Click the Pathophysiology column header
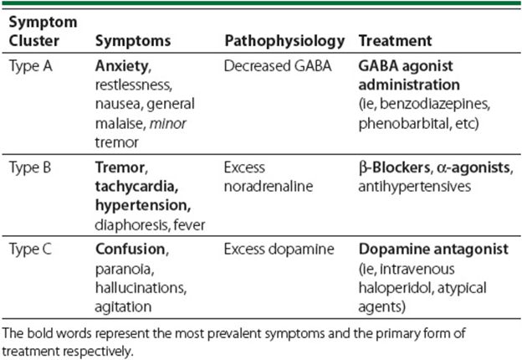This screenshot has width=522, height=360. (284, 41)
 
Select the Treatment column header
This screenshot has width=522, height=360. (395, 41)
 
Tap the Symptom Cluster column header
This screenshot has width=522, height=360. (43, 31)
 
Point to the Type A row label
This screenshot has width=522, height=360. (31, 66)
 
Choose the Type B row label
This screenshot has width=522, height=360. (30, 167)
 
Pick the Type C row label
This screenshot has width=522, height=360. (30, 249)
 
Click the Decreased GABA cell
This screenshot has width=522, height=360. (278, 66)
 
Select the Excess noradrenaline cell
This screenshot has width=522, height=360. (269, 177)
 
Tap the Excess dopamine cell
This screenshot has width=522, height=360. (279, 249)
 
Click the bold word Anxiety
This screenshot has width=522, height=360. (121, 66)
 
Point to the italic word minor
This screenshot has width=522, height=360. (168, 124)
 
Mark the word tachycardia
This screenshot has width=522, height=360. (136, 187)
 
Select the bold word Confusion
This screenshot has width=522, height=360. (130, 249)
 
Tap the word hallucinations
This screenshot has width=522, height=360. (141, 288)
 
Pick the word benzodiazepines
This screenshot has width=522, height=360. (434, 105)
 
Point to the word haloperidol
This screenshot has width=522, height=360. (395, 288)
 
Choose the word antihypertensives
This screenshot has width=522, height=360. (414, 187)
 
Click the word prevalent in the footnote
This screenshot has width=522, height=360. (205, 334)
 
